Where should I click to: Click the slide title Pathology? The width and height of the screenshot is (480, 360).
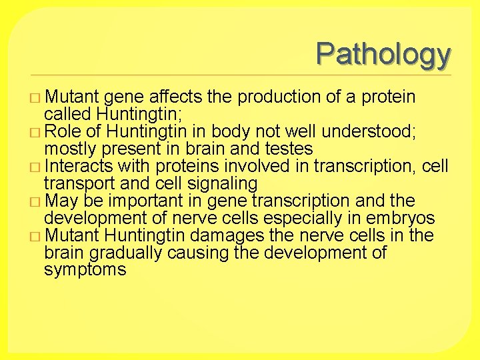pyautogui.click(x=383, y=54)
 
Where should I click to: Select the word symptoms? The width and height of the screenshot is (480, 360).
pyautogui.click(x=85, y=270)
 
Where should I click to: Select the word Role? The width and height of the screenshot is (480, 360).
pyautogui.click(x=65, y=131)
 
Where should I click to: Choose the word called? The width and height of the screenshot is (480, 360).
pyautogui.click(x=67, y=114)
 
